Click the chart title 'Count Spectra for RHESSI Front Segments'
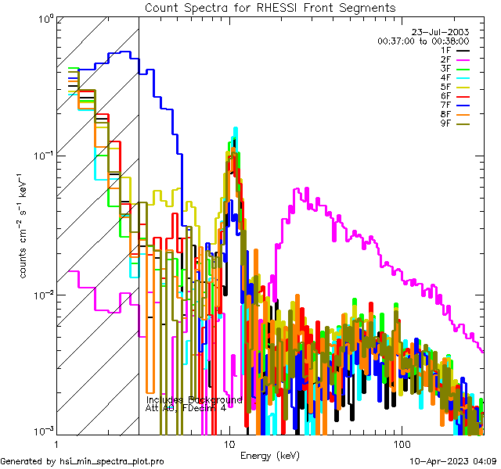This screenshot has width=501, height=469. pos(270,8)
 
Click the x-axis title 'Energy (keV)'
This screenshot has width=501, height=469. pos(270,456)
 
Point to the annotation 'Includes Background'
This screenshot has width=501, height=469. pos(193,399)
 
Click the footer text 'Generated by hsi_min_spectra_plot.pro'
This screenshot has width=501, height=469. pos(82,462)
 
